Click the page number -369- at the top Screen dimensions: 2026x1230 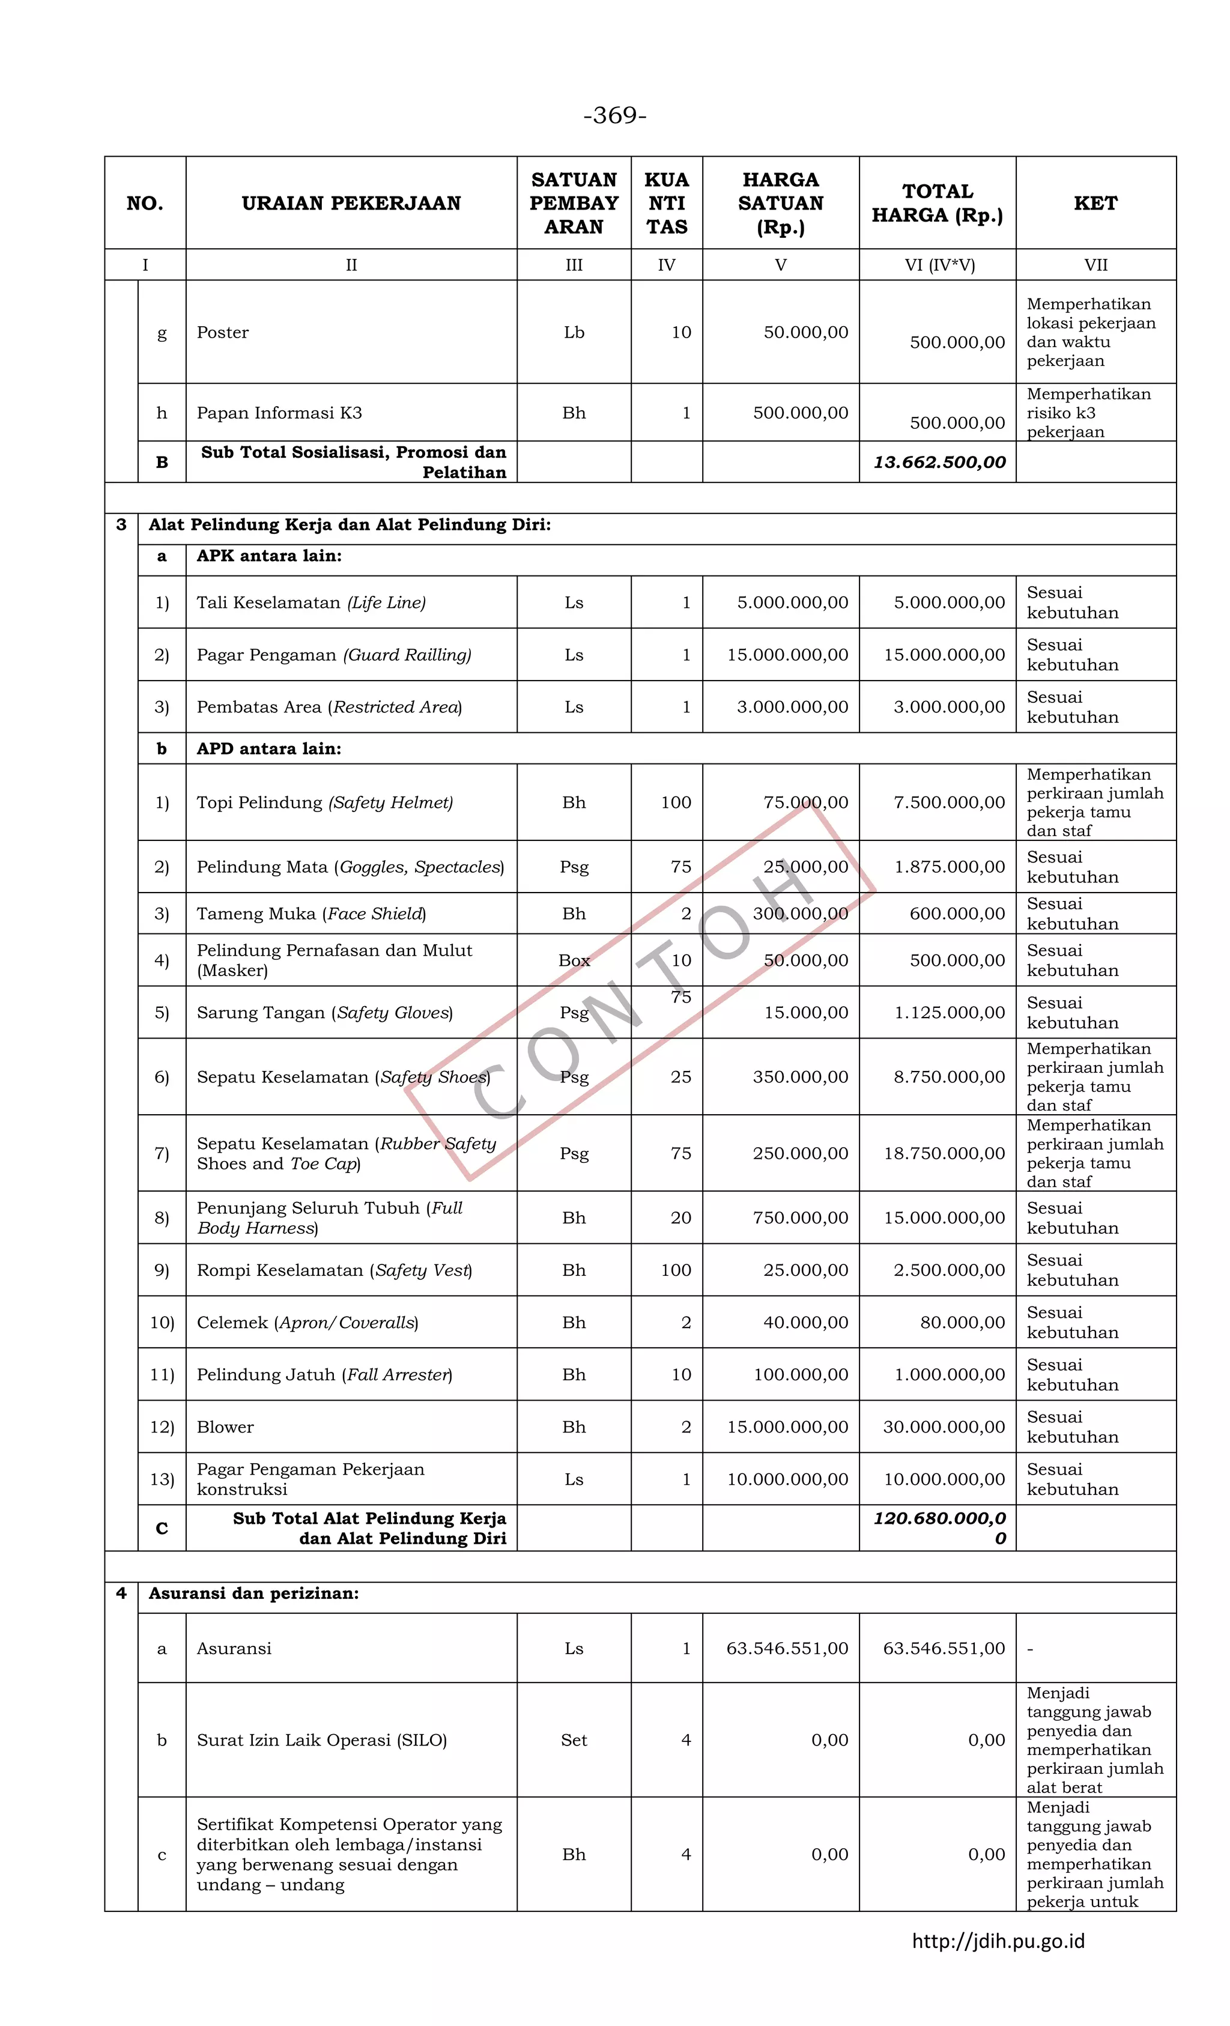point(614,115)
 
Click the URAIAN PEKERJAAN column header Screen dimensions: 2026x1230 point(351,203)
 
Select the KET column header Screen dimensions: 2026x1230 point(1094,203)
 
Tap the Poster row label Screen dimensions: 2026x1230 point(223,332)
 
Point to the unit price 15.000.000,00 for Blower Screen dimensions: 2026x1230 point(787,1427)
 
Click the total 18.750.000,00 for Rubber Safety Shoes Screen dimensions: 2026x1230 point(944,1154)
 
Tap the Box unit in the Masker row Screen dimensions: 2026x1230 point(574,960)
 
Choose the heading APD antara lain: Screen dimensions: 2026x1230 point(269,748)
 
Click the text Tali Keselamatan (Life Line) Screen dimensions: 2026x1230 point(311,602)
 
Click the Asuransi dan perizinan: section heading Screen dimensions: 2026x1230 point(253,1594)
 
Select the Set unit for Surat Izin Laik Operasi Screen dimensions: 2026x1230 point(574,1740)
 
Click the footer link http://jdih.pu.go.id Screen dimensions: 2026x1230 point(998,1941)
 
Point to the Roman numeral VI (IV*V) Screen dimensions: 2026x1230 point(939,265)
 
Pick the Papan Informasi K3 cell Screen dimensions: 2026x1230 point(279,413)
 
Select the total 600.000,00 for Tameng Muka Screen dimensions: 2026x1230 point(956,914)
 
